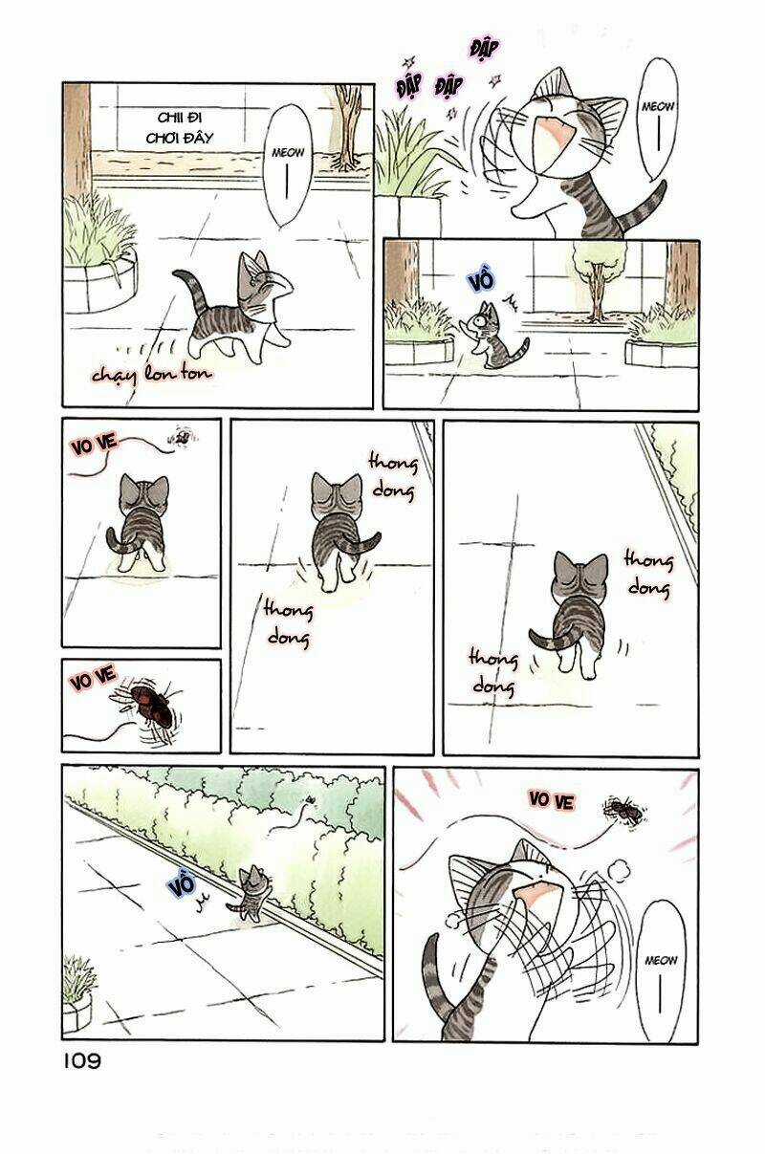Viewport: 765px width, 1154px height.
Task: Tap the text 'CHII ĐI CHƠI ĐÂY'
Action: (186, 126)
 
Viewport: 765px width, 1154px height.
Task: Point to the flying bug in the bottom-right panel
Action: (623, 811)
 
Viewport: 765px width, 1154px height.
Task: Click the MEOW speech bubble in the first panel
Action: (288, 164)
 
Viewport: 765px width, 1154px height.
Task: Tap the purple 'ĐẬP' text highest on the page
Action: (488, 48)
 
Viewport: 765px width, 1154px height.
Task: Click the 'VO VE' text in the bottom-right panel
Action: (551, 800)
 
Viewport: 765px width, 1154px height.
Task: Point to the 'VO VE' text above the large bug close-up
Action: (93, 680)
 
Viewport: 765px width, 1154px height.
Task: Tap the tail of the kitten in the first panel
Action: (187, 292)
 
